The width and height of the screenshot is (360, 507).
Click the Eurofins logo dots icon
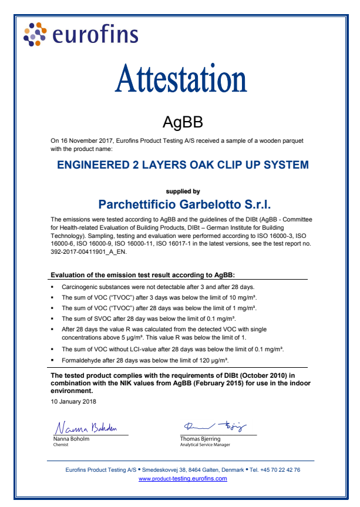[x=34, y=33]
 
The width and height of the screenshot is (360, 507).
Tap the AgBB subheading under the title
[x=182, y=122]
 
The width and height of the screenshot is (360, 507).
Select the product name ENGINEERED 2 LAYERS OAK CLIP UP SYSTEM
[x=183, y=165]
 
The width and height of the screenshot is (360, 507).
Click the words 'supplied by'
[x=183, y=192]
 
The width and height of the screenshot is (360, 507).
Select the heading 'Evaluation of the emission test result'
[x=152, y=275]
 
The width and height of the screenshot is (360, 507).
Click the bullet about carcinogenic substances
[x=158, y=287]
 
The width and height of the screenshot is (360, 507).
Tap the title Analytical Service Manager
[x=205, y=445]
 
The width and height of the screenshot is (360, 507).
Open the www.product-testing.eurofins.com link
[x=183, y=479]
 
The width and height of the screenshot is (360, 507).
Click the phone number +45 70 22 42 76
[x=279, y=470]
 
